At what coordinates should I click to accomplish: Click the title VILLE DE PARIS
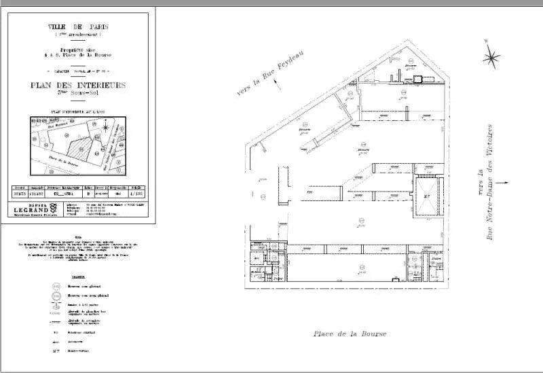tap(78, 27)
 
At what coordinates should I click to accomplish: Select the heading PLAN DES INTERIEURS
tap(78, 85)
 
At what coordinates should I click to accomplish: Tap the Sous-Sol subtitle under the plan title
tap(78, 93)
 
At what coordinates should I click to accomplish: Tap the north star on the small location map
tap(107, 126)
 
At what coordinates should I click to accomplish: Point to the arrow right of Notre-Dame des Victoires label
tap(502, 182)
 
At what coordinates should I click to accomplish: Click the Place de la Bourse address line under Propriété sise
tap(78, 54)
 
